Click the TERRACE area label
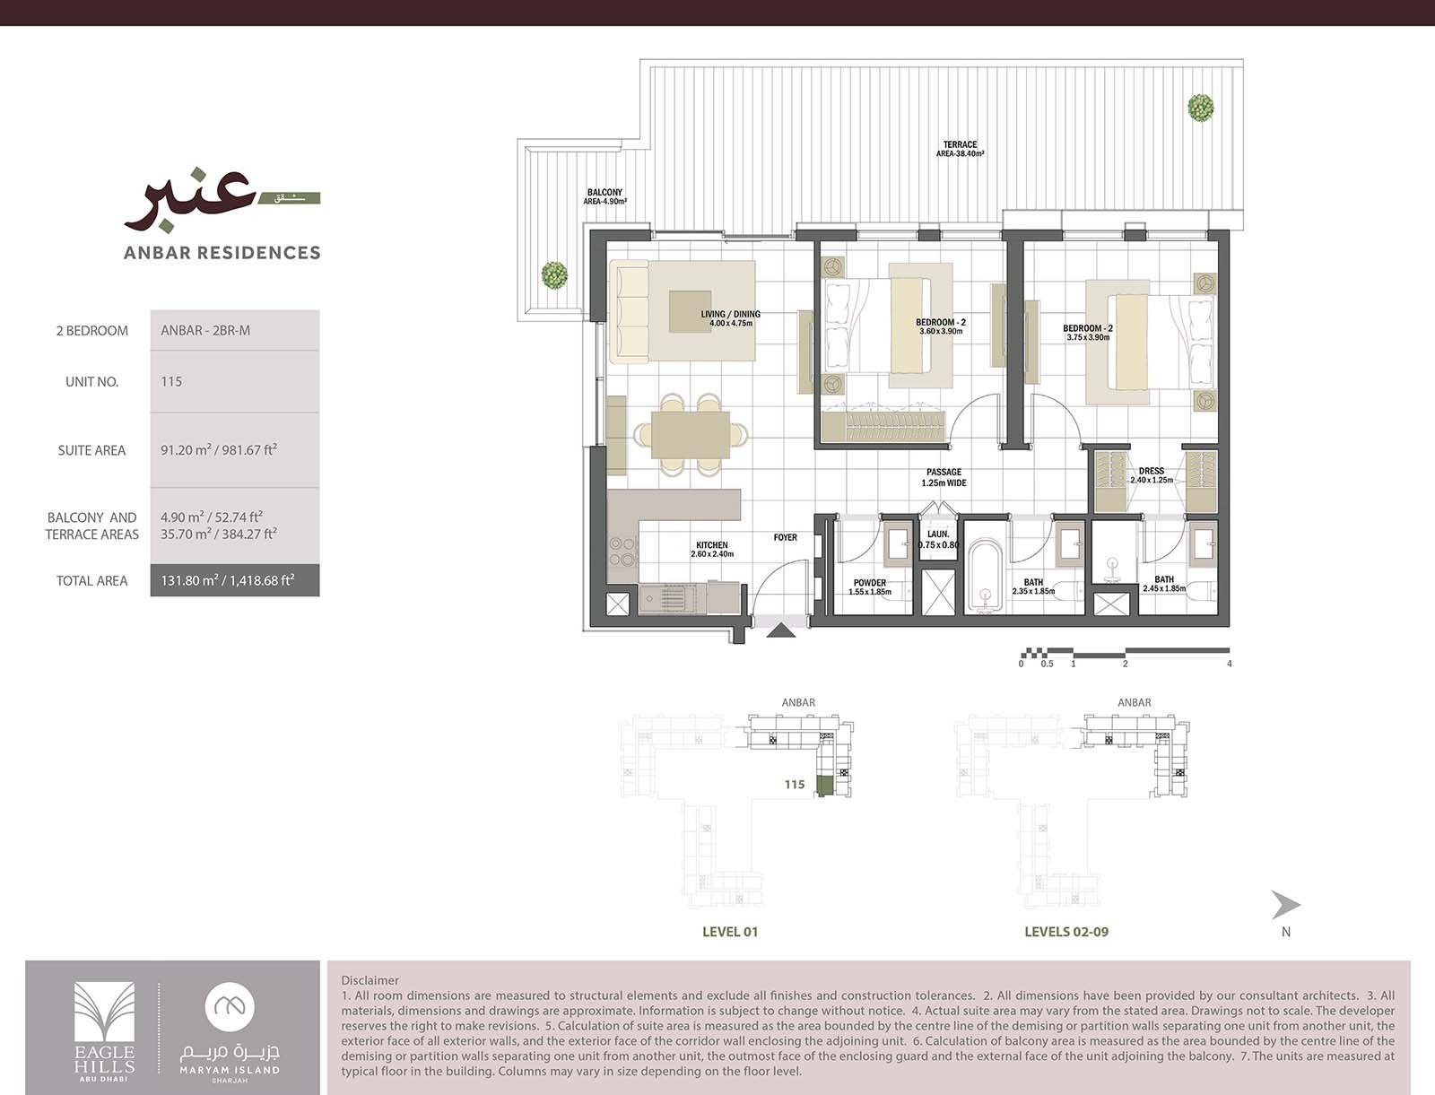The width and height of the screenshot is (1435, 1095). pos(960,149)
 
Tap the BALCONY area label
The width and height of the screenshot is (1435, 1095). pos(604,196)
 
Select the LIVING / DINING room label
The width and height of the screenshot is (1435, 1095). pos(730,318)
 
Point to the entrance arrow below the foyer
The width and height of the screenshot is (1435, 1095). pos(781,630)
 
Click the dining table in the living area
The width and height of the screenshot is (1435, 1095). pos(691,434)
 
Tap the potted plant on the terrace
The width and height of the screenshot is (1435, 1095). pos(1200,108)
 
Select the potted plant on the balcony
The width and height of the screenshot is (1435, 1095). pos(554,274)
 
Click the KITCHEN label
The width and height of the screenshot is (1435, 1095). pos(712,549)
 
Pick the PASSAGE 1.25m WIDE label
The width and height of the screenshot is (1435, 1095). pos(944,477)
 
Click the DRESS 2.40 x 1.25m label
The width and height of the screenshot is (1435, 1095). pos(1152,475)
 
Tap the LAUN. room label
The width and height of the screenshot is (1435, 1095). pos(938,539)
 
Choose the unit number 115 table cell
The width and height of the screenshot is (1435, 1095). pos(233,381)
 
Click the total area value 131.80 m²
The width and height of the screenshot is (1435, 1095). pos(233,580)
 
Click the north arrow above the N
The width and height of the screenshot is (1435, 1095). pos(1284,906)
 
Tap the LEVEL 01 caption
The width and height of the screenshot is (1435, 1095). pos(730,932)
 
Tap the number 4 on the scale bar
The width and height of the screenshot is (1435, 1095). pos(1229,665)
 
